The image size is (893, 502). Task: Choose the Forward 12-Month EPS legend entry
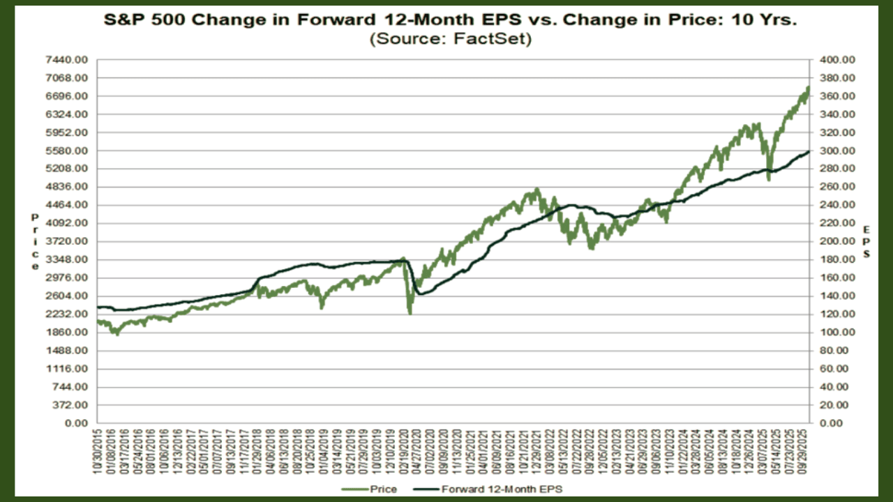click(501, 489)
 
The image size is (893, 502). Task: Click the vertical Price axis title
click(35, 242)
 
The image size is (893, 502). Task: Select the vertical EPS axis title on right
click(866, 242)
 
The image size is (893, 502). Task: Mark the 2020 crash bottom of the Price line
click(410, 313)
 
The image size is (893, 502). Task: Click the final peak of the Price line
click(808, 88)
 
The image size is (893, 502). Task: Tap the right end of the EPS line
click(809, 151)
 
